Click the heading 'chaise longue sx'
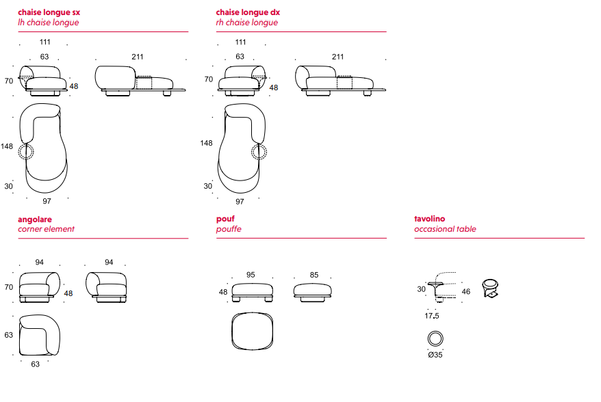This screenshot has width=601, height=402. (49, 12)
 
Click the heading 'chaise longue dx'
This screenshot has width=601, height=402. (248, 12)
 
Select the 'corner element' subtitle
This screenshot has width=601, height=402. (46, 229)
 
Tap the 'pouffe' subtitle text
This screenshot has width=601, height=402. (229, 229)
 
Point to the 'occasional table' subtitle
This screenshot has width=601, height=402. (445, 229)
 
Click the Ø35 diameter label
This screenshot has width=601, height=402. (435, 354)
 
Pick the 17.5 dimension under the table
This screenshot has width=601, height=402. (431, 316)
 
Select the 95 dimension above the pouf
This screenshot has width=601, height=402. (251, 275)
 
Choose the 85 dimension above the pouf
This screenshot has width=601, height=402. (314, 275)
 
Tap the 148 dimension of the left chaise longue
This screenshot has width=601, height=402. (7, 146)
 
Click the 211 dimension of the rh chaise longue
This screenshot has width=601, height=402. (337, 57)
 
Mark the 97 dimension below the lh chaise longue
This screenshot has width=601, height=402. (47, 201)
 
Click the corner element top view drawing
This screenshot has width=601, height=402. (40, 336)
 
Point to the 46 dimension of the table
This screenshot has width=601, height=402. (466, 292)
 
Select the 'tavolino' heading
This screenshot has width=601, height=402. (429, 219)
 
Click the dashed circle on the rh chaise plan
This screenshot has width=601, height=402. (259, 152)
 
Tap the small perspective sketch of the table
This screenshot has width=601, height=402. (490, 289)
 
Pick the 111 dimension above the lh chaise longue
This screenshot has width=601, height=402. (45, 42)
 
